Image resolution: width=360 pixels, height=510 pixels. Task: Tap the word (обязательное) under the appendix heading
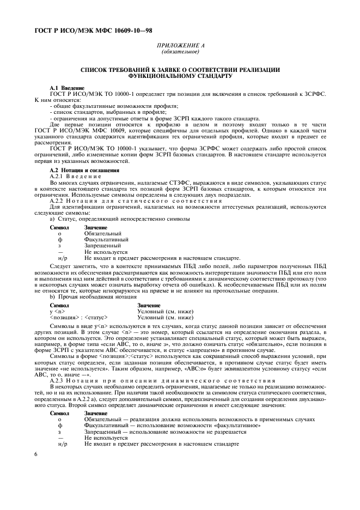coord(180,52)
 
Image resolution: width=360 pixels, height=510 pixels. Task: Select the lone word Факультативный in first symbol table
coord(106,239)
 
